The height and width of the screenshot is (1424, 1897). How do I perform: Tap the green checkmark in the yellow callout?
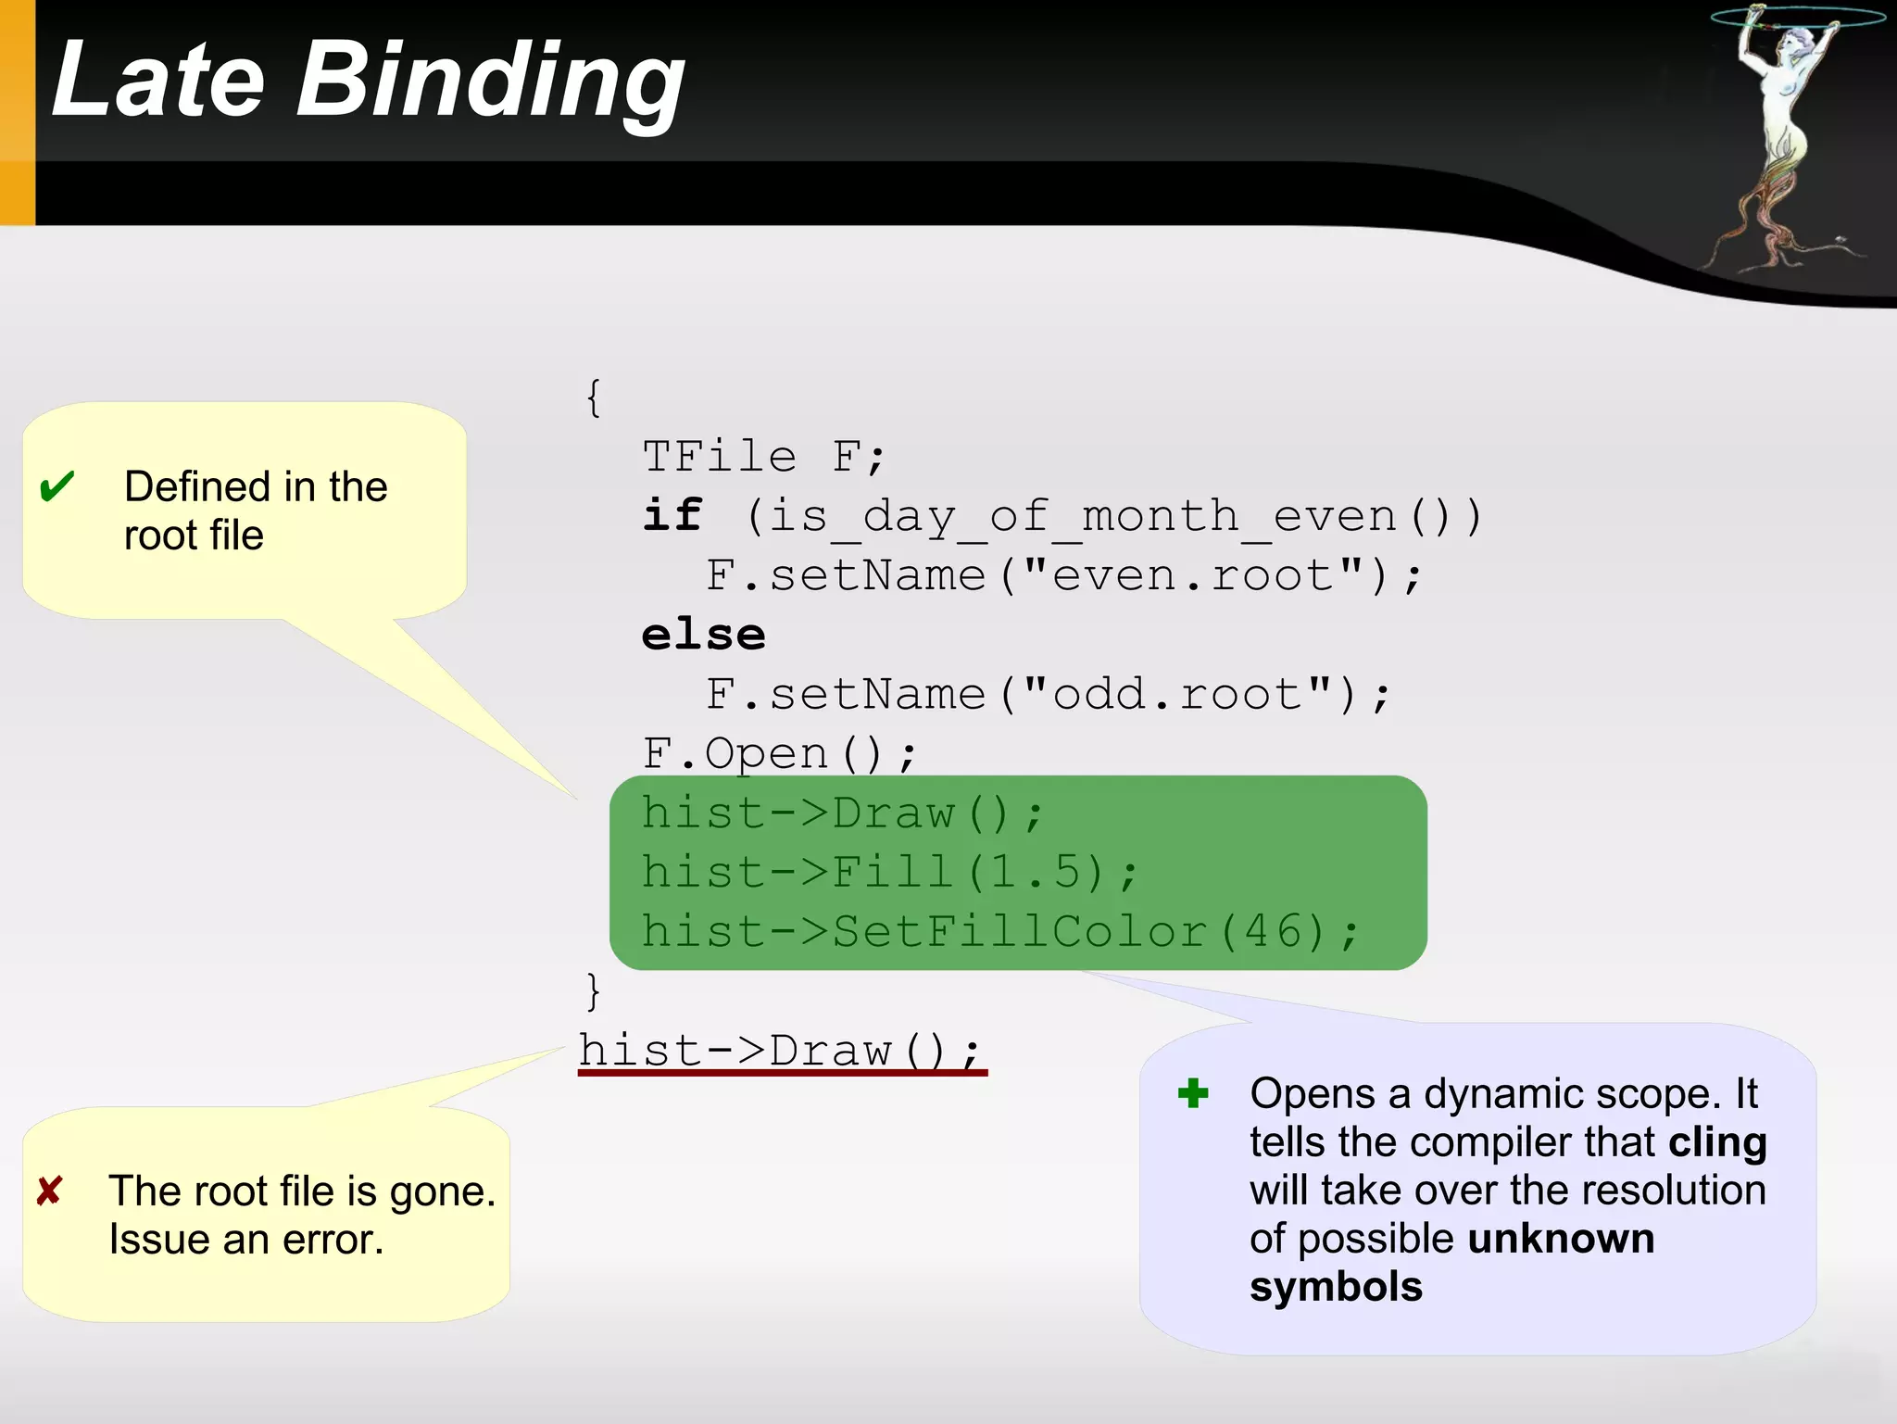[57, 485]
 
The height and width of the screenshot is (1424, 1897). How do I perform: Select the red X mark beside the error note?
[49, 1191]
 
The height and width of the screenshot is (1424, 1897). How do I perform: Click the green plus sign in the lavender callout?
[1193, 1093]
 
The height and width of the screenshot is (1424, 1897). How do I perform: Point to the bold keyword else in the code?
[704, 636]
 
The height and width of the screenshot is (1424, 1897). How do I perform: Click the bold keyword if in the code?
[673, 515]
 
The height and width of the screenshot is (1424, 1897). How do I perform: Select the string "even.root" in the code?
[1194, 575]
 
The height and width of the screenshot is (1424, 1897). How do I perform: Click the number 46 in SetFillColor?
[1274, 931]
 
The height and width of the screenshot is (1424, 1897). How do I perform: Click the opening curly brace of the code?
[594, 397]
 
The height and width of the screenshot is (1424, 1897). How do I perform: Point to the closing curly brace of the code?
[594, 990]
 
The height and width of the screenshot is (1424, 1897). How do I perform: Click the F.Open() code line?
[779, 753]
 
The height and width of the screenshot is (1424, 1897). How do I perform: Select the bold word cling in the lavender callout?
[1717, 1142]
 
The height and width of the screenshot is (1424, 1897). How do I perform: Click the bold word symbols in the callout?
[1336, 1287]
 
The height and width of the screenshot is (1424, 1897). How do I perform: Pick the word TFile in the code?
[720, 457]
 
